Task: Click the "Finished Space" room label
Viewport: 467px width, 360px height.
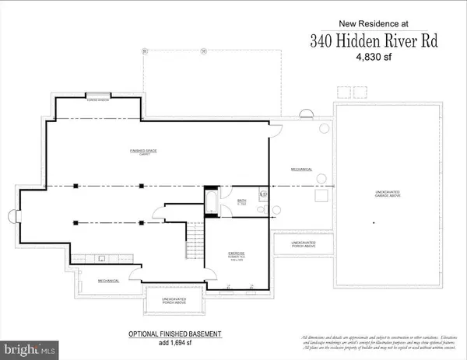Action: coord(143,150)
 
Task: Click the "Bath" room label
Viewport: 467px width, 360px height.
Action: coord(241,201)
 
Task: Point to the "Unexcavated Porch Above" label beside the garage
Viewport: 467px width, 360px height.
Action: coord(304,245)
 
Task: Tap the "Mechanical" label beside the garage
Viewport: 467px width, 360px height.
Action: coord(301,169)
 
